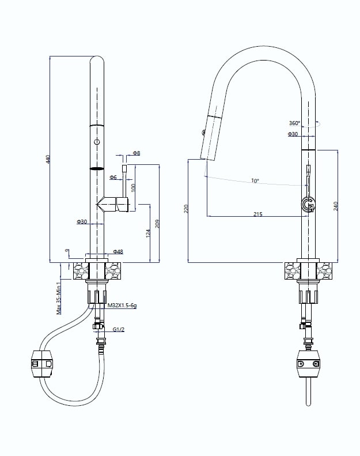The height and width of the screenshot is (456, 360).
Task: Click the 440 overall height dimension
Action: tap(48, 159)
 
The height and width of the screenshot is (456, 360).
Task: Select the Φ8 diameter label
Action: tap(137, 153)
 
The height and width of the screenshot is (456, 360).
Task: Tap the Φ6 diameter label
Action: tap(113, 177)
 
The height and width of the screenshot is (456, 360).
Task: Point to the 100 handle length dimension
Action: tap(133, 187)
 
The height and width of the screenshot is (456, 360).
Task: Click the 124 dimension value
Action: tap(148, 233)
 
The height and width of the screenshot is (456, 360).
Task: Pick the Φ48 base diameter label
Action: tap(118, 251)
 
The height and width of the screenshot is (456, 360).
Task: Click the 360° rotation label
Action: tap(294, 123)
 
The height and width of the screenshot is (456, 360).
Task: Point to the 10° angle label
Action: tap(255, 181)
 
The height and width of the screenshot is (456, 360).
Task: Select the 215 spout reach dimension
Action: tap(257, 214)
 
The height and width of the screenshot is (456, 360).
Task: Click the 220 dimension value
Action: tap(185, 209)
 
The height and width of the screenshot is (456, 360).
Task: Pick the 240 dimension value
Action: tap(336, 206)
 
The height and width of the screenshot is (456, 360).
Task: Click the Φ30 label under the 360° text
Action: tap(293, 134)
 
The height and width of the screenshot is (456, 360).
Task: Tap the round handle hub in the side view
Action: tap(308, 205)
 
